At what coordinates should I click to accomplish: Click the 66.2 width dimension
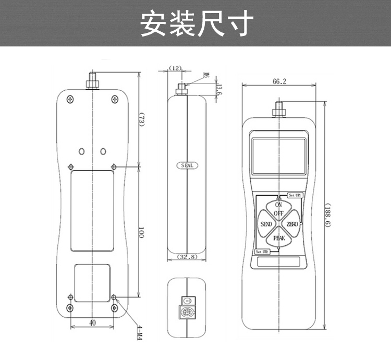(x=279, y=81)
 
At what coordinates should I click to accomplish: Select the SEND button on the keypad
(x=266, y=224)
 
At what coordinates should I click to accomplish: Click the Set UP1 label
(x=295, y=195)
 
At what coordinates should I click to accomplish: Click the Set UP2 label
(x=262, y=252)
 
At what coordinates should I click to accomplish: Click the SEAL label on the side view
(x=187, y=165)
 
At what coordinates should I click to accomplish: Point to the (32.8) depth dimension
(x=187, y=257)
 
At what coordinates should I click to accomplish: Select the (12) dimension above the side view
(x=176, y=68)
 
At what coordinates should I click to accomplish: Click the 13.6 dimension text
(x=219, y=90)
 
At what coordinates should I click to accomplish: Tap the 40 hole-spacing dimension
(x=92, y=323)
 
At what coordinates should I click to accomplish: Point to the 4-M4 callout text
(x=139, y=333)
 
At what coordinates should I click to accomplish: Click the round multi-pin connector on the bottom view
(x=185, y=314)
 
